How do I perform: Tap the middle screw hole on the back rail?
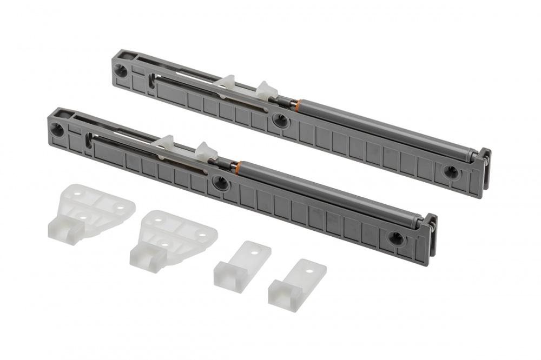[280, 121]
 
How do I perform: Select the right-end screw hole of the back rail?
[450, 172]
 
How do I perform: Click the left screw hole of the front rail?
[57, 129]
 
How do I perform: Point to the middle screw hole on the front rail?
[220, 183]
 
